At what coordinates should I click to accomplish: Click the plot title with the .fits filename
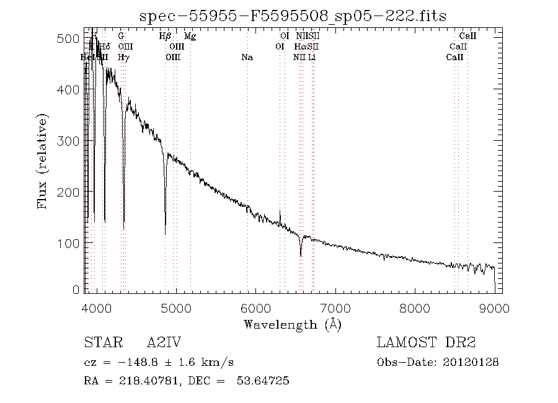coord(293,15)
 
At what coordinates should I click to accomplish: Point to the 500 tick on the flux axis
coord(72,39)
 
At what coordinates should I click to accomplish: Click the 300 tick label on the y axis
coord(72,141)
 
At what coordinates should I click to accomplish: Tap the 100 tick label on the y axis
coord(72,242)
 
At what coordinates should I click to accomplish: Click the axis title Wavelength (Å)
coord(293,324)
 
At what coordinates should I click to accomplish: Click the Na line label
coord(247,57)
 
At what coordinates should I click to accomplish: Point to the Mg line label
coord(190,37)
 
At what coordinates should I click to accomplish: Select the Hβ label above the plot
coord(165,37)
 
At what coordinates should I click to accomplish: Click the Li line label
coord(312,57)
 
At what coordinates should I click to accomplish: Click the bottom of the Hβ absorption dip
coord(165,232)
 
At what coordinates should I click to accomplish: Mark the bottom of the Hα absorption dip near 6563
coord(301,255)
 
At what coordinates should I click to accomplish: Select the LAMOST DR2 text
coord(426,343)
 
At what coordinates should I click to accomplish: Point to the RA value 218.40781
coord(144,381)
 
